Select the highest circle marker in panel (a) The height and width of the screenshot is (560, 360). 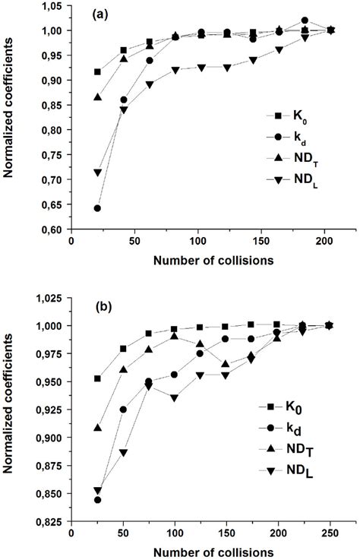click(x=283, y=21)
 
